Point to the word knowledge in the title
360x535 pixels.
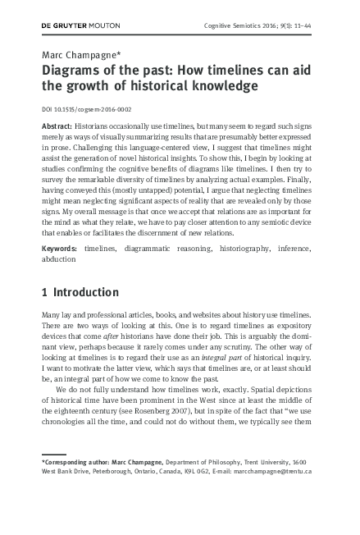pyautogui.click(x=221, y=85)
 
